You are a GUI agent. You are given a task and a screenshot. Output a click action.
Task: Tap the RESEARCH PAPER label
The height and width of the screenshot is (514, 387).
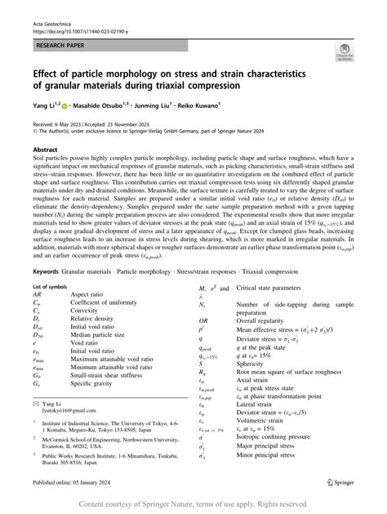tap(59, 38)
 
